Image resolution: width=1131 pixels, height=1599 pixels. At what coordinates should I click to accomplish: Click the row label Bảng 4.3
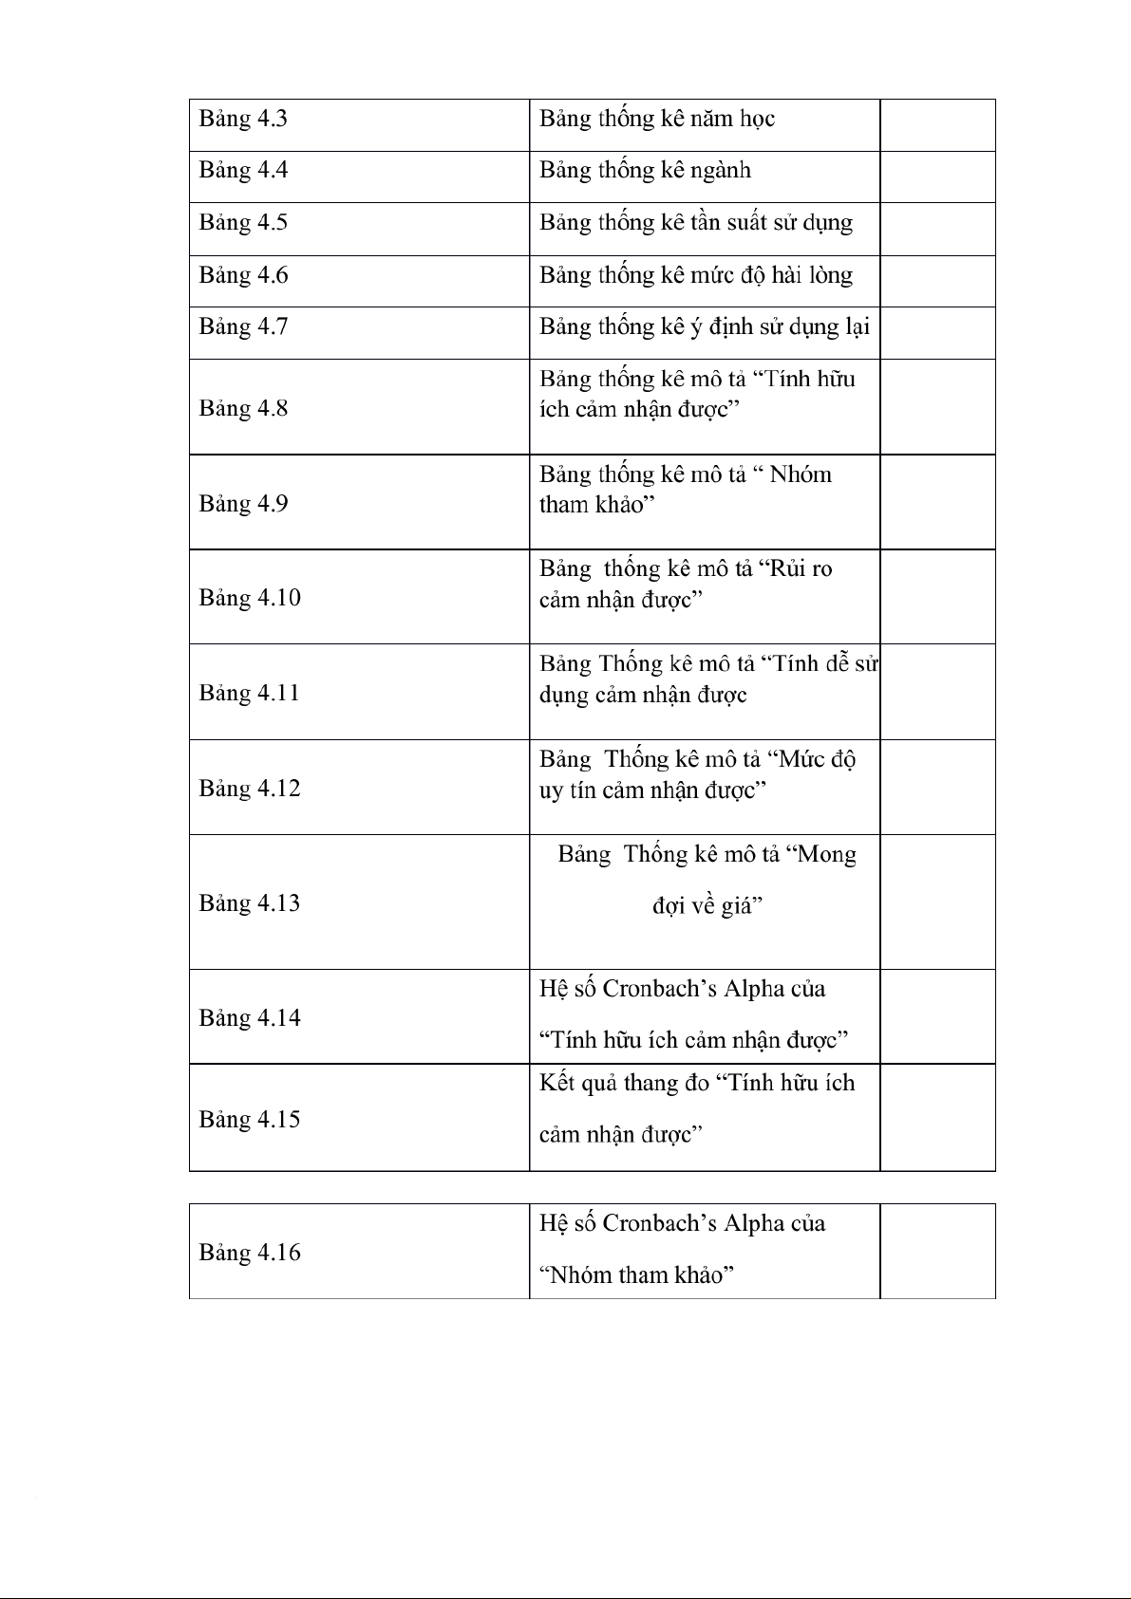[x=243, y=120]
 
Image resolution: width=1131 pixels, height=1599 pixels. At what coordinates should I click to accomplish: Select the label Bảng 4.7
[x=243, y=327]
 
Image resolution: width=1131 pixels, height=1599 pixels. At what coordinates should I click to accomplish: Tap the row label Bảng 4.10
[x=250, y=598]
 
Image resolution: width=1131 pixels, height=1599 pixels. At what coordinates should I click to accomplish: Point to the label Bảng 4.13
[x=250, y=902]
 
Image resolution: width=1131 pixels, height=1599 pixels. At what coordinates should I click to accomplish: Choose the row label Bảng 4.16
[x=250, y=1253]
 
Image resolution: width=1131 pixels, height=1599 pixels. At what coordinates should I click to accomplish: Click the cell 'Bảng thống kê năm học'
[x=657, y=120]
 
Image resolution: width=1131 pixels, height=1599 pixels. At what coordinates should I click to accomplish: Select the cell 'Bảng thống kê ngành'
[x=646, y=171]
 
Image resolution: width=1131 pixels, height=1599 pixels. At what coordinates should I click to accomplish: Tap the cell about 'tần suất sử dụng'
[x=696, y=223]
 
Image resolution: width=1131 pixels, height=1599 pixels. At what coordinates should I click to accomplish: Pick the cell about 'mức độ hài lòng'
[x=696, y=275]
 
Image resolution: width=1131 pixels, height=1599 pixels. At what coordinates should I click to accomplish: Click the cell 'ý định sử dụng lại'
[x=705, y=327]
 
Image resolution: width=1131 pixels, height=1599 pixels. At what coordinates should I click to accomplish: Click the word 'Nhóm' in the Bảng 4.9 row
[x=801, y=474]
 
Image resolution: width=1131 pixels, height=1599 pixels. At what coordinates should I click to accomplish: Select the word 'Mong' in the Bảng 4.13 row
[x=827, y=855]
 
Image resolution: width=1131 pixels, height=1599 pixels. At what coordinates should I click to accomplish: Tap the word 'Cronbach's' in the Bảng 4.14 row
[x=660, y=989]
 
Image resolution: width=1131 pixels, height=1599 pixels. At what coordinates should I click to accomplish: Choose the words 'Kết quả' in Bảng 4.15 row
[x=578, y=1084]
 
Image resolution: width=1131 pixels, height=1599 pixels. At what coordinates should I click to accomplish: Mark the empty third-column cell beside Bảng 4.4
[x=937, y=177]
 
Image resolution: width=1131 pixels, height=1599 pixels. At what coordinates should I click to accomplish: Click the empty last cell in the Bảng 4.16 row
[x=937, y=1251]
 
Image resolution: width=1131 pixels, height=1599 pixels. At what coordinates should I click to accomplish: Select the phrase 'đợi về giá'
[x=707, y=906]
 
